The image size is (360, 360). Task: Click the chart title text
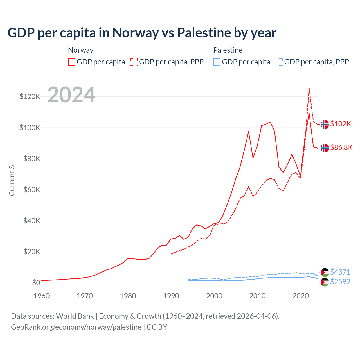(142, 33)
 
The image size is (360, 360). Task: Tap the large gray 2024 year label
(71, 95)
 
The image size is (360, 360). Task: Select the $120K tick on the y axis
(30, 97)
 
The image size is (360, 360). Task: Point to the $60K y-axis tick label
(31, 190)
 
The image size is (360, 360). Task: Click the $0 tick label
(36, 283)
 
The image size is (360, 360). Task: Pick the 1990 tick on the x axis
(171, 296)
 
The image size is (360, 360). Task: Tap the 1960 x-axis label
(42, 296)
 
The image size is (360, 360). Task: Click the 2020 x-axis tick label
(301, 296)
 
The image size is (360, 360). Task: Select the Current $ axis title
(12, 181)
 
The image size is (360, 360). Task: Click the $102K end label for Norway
(341, 124)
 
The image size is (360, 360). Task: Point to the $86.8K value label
(341, 148)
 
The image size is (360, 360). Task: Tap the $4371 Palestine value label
(340, 272)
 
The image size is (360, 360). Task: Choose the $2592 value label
(340, 282)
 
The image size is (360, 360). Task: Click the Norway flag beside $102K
(325, 124)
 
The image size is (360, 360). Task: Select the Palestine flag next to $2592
(325, 282)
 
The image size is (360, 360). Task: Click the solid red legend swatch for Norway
(72, 62)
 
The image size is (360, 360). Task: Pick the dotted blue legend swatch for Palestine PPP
(279, 62)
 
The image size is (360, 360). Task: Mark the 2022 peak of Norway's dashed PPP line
(309, 88)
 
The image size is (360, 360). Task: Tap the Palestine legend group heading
(228, 50)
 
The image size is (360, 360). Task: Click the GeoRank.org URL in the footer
(76, 327)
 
